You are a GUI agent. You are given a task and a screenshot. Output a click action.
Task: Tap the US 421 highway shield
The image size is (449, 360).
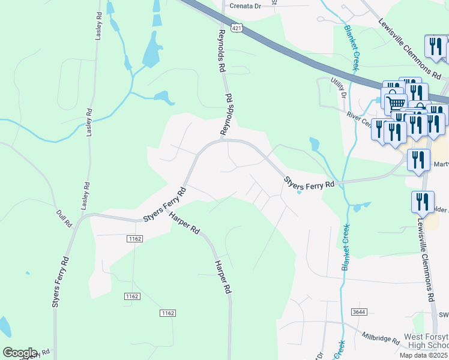click(238, 28)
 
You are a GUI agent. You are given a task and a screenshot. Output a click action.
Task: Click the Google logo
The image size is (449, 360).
click(19, 353)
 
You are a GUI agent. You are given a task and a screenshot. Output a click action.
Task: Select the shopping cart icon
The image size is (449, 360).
click(396, 103)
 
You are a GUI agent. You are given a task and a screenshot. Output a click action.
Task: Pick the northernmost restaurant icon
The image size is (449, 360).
click(436, 46)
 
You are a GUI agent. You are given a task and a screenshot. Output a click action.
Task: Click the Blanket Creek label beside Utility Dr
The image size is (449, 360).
click(352, 49)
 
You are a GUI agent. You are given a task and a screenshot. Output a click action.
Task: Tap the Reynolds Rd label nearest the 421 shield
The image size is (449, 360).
click(221, 51)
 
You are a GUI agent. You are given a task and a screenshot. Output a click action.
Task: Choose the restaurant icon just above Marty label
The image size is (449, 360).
click(418, 160)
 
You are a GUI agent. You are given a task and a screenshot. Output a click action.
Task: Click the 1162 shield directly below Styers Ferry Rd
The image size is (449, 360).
click(134, 239)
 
